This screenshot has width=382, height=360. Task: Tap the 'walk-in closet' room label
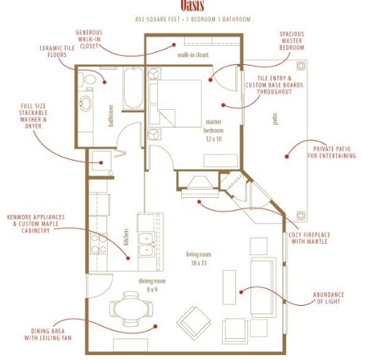[194, 54]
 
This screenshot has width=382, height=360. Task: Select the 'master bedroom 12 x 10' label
[213, 131]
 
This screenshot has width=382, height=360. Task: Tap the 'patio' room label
[275, 120]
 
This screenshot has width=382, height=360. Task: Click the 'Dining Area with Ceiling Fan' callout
[52, 335]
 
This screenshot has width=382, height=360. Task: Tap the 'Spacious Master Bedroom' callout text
[291, 41]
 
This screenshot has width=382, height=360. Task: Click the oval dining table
[131, 309]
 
